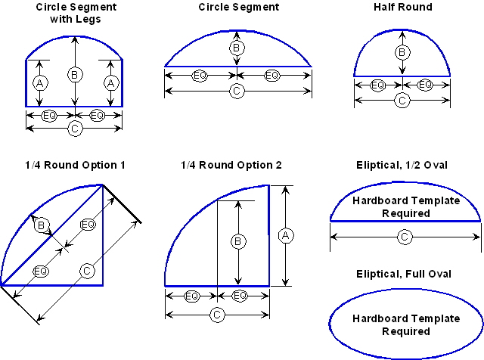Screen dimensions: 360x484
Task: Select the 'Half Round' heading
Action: click(x=402, y=7)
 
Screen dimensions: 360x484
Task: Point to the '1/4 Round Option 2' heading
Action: click(x=231, y=165)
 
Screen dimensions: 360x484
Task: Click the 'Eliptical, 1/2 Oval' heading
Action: click(x=405, y=165)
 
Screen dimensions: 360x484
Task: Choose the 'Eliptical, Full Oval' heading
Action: click(x=405, y=274)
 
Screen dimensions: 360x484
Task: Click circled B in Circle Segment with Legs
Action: click(x=74, y=74)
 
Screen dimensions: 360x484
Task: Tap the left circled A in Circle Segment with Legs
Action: click(x=39, y=82)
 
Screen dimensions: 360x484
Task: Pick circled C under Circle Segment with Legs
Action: click(x=74, y=129)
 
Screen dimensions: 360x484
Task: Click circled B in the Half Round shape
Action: click(x=402, y=52)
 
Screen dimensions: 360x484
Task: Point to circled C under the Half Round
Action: click(x=402, y=99)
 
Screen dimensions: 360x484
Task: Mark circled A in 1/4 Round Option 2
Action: click(x=284, y=235)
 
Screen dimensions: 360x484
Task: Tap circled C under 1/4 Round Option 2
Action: click(x=216, y=315)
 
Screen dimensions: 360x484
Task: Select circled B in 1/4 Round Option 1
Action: click(x=43, y=224)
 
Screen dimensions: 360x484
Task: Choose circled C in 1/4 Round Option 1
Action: click(x=88, y=270)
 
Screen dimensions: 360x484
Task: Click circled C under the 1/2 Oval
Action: click(x=405, y=237)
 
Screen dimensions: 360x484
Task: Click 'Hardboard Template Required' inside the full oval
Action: click(x=405, y=324)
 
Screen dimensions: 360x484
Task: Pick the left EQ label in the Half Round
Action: click(x=377, y=85)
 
